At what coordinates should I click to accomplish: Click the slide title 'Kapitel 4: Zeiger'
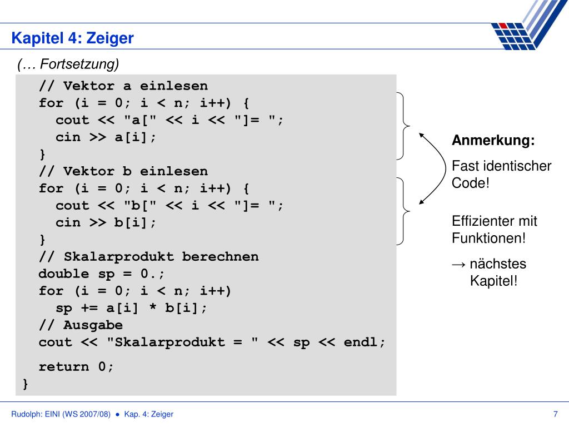(73, 38)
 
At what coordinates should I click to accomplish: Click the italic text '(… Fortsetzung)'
(68, 65)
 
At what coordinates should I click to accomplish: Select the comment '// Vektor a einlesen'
(123, 86)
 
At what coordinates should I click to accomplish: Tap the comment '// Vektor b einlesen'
(123, 171)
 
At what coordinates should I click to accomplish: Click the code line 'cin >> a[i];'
(106, 137)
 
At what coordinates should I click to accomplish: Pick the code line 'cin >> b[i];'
(106, 222)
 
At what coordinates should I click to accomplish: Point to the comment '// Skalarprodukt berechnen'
(148, 257)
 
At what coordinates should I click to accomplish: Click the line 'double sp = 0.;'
(102, 274)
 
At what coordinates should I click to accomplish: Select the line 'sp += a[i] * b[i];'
(131, 308)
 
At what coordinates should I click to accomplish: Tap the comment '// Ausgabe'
(81, 325)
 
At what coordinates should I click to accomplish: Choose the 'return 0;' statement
(76, 367)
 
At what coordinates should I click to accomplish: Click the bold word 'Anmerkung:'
(493, 141)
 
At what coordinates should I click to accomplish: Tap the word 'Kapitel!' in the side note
(493, 280)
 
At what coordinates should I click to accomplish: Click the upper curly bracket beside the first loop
(404, 126)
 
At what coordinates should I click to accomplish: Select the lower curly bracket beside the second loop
(404, 211)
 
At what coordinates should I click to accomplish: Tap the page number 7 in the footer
(555, 414)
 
